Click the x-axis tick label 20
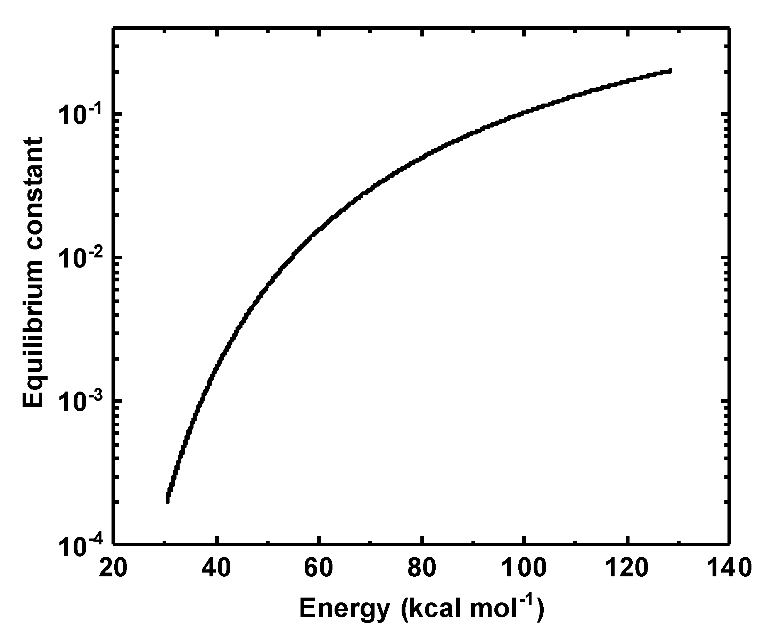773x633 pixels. pos(113,568)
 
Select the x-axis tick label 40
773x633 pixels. pos(216,568)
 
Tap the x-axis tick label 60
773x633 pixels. pos(319,568)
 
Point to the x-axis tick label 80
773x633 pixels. pos(422,568)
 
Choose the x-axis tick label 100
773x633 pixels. pos(524,568)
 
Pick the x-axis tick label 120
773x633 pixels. pos(627,568)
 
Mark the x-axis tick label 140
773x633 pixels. pos(729,568)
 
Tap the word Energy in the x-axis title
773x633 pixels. pos(345,608)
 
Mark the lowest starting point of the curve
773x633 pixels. pos(167,502)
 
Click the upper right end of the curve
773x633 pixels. pos(670,71)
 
